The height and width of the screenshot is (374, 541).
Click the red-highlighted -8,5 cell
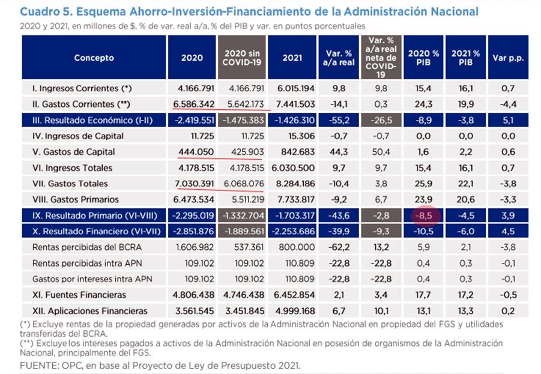(x=424, y=216)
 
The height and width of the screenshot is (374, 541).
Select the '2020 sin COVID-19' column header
(x=241, y=58)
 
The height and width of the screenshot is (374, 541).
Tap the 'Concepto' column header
(x=94, y=58)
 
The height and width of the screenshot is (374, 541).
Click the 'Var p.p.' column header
(x=508, y=58)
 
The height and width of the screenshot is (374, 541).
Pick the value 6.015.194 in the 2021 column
(x=296, y=88)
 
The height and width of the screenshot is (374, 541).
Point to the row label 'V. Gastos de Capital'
(x=73, y=152)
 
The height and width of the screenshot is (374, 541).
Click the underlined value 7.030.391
(x=195, y=184)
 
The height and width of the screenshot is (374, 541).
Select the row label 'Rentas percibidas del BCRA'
(x=87, y=247)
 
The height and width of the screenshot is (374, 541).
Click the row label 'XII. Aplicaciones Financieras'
(x=89, y=311)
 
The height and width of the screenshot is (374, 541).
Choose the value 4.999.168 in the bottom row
(x=295, y=311)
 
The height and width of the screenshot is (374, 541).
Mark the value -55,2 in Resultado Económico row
(x=339, y=120)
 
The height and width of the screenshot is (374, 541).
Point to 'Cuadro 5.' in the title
(x=46, y=12)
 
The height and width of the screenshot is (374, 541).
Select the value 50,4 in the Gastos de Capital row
(x=381, y=152)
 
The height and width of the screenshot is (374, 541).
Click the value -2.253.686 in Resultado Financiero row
(x=293, y=232)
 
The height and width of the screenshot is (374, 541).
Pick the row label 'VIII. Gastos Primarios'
(x=76, y=199)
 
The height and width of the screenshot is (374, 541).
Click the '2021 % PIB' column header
(x=465, y=58)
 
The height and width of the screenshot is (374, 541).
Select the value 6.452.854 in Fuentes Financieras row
(x=294, y=295)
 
